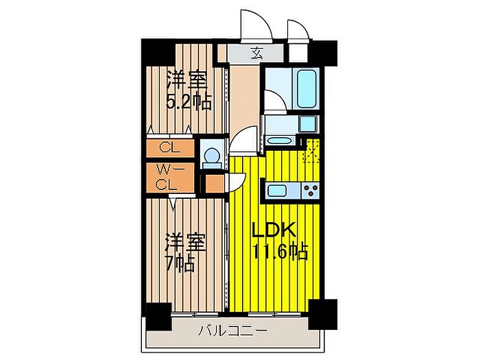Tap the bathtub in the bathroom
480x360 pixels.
(x=307, y=88)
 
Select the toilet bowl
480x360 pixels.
(x=211, y=156)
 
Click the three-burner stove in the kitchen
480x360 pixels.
(x=311, y=190)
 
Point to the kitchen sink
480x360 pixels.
(x=277, y=191)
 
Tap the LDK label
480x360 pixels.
(x=274, y=230)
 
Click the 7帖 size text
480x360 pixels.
(x=180, y=263)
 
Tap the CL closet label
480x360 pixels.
(x=169, y=148)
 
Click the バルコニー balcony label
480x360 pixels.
(x=232, y=331)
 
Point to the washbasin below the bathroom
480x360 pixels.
(x=278, y=141)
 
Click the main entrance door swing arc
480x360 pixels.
(x=256, y=26)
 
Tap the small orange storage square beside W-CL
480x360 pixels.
(x=214, y=184)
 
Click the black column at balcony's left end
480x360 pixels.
(x=158, y=317)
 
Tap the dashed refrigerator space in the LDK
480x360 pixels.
(x=311, y=150)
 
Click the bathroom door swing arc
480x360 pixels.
(x=276, y=100)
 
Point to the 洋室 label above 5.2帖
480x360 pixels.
(x=187, y=80)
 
